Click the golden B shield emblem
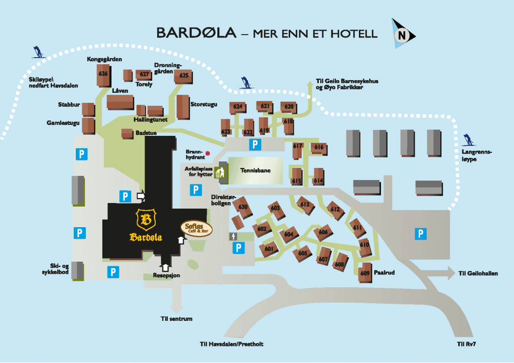146,219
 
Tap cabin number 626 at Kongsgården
103,74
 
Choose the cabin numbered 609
365,273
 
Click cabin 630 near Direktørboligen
243,207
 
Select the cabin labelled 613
305,204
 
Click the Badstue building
127,133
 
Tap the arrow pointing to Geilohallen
439,274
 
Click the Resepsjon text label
166,275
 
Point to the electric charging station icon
233,236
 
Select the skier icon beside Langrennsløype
468,139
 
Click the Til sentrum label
176,318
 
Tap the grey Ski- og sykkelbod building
77,270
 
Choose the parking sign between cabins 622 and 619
255,145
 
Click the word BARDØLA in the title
196,33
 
